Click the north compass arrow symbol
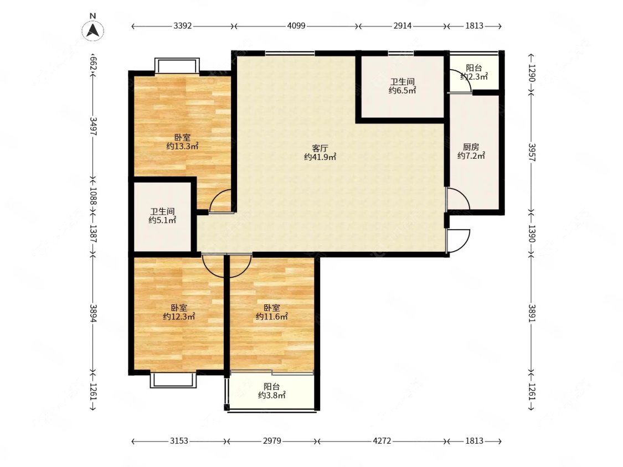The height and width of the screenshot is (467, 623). pos(93,30)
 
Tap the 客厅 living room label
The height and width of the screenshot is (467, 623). pos(320,148)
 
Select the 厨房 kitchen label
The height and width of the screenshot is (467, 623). pos(471,147)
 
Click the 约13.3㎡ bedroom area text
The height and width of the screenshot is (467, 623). pos(182,146)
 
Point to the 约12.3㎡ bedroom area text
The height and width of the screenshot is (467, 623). pos(179,316)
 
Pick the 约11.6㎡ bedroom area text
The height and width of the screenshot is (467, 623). pos(272,316)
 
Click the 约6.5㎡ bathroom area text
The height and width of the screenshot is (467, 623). pos(402,90)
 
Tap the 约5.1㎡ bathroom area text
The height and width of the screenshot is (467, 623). pos(162,220)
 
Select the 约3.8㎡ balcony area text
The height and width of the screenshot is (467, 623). pos(272,395)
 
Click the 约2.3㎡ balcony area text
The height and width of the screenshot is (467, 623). pos(474,77)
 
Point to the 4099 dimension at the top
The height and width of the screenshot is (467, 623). pos(296,26)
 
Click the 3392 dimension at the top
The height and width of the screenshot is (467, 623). pos(183,26)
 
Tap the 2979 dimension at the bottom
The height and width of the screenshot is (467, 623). pos(272,441)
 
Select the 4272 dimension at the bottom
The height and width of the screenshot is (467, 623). pos(382,441)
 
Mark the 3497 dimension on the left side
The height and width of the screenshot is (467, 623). pos(93,126)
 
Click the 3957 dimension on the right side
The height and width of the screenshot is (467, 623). pos(532,152)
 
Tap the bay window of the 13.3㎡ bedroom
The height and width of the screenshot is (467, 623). pos(177,66)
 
